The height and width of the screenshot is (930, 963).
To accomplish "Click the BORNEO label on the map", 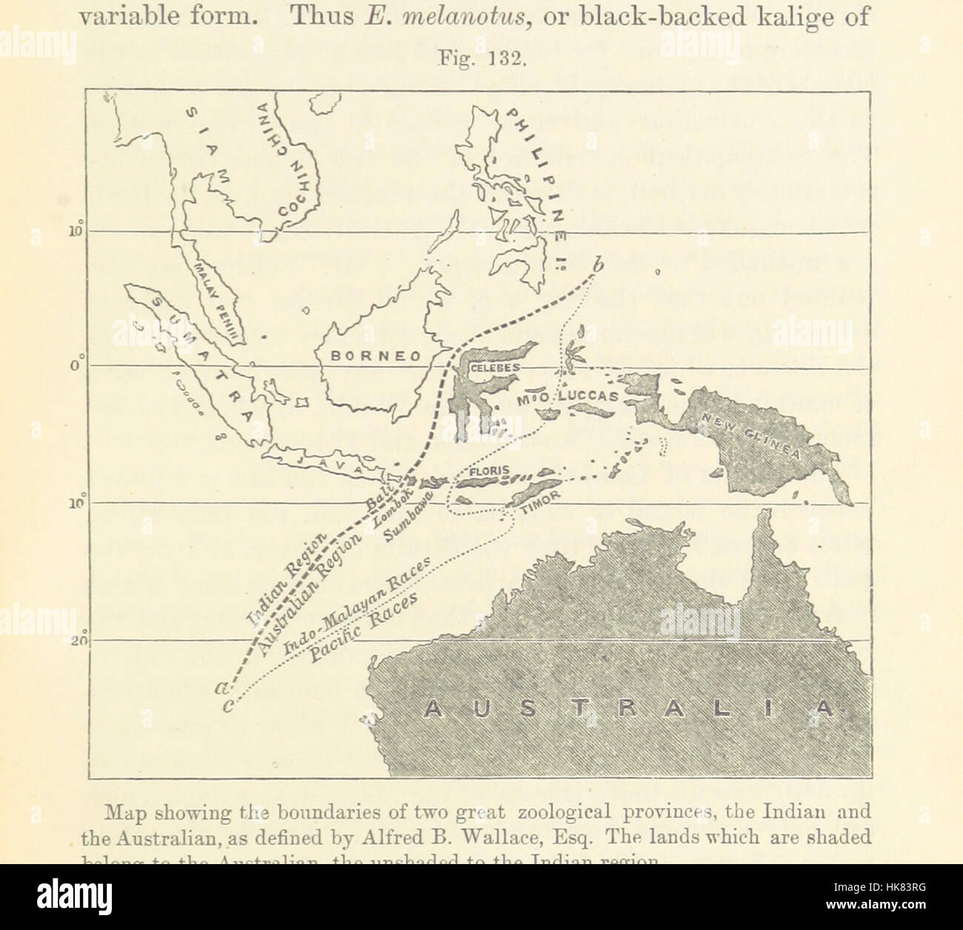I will pos(375,355).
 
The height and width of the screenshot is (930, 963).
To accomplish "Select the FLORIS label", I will pos(489,471).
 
